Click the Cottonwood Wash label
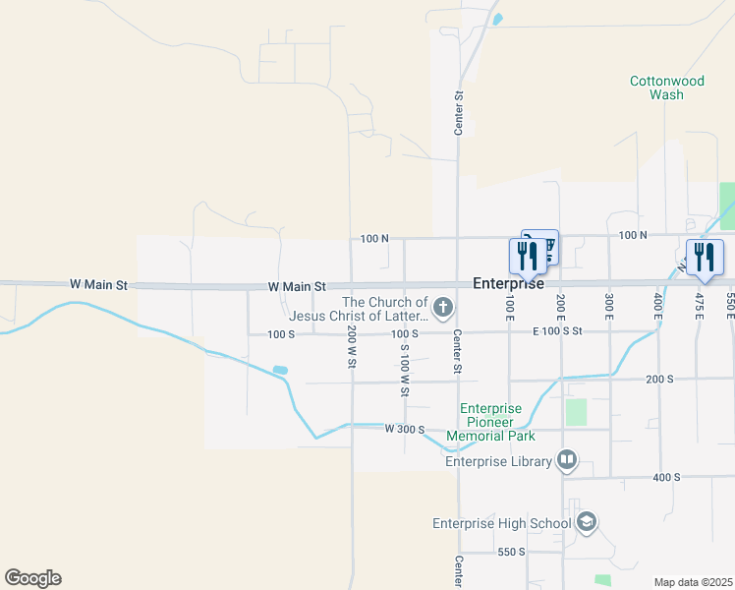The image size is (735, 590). coord(667,88)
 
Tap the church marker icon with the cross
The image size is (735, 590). coord(443,309)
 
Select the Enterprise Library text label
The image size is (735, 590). coord(498,460)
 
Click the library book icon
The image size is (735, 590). coord(566,459)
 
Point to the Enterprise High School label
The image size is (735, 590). coord(502,522)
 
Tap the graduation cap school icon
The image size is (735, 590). coord(587,521)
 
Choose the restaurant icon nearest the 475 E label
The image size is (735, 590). coord(705,258)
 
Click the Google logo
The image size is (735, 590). coord(32,578)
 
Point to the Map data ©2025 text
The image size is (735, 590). coord(693,582)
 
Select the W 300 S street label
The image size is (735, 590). coord(404,429)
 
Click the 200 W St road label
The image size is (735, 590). coord(351,347)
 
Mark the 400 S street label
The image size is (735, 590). coord(665,477)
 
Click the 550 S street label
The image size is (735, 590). coord(513,552)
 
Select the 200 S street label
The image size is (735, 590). coord(659,379)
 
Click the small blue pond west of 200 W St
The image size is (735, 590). coord(280,371)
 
